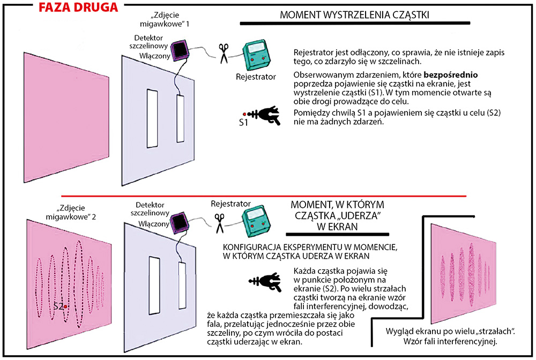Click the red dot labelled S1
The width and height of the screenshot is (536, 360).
pos(244,114)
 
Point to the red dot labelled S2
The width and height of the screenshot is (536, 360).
pos(65,306)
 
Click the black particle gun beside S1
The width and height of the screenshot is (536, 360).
pos(266,115)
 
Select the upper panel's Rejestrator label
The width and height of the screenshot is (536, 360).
pos(256,77)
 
